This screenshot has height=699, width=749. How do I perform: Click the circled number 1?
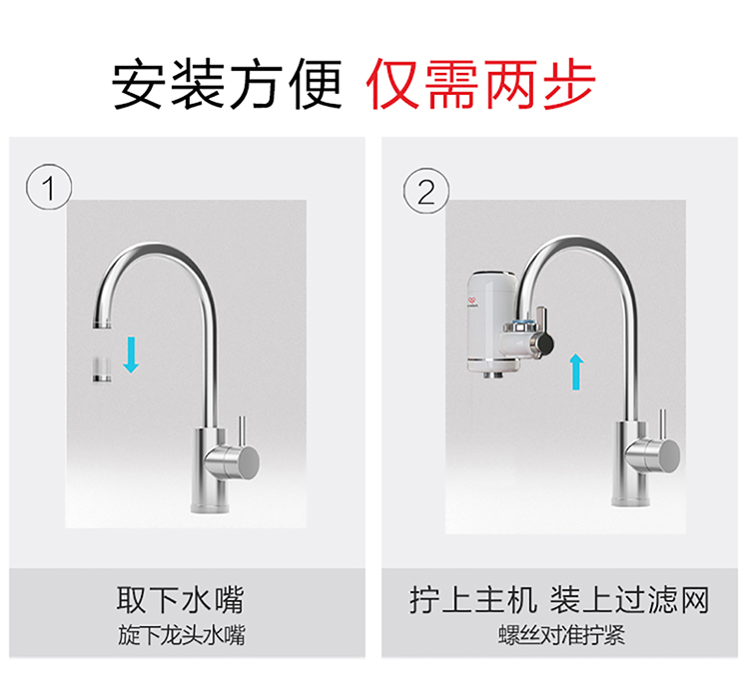pyautogui.click(x=49, y=187)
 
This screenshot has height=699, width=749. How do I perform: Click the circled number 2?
pyautogui.click(x=426, y=191)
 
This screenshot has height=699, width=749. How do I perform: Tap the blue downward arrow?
pyautogui.click(x=131, y=355)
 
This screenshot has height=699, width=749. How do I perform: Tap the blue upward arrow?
pyautogui.click(x=576, y=371)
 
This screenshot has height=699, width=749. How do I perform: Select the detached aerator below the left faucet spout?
pyautogui.click(x=102, y=369)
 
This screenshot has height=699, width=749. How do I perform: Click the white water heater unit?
pyautogui.click(x=492, y=324)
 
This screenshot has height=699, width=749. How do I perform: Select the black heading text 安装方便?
pyautogui.click(x=227, y=84)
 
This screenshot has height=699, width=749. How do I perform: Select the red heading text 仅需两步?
pyautogui.click(x=480, y=84)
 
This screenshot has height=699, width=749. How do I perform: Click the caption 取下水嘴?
pyautogui.click(x=181, y=600)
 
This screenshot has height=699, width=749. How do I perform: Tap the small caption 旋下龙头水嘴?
pyautogui.click(x=182, y=635)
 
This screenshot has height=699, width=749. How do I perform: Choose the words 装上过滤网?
pyautogui.click(x=629, y=600)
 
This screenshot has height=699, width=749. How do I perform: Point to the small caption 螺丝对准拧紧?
pyautogui.click(x=561, y=635)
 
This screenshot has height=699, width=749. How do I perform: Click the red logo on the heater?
pyautogui.click(x=472, y=301)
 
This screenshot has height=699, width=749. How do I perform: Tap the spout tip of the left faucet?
pyautogui.click(x=102, y=325)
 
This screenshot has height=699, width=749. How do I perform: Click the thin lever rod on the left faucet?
pyautogui.click(x=243, y=431)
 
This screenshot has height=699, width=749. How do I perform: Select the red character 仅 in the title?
pyautogui.click(x=392, y=84)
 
